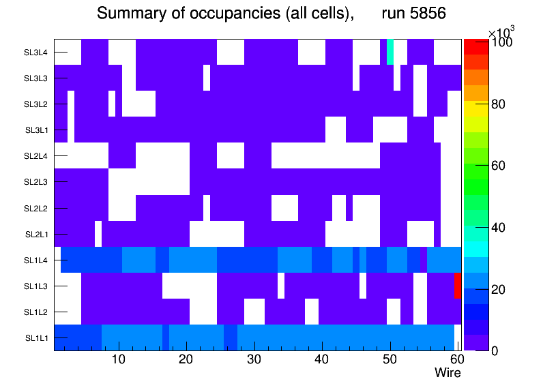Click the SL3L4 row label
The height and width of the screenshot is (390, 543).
click(x=35, y=52)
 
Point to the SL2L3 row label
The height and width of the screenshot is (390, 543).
click(x=35, y=182)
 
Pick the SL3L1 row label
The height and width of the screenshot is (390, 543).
click(x=35, y=130)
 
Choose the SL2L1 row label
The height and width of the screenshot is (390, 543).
click(x=35, y=235)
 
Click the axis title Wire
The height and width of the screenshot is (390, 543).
click(x=447, y=373)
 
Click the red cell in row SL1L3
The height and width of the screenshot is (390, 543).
click(x=458, y=286)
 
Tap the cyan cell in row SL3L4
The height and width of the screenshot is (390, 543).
click(x=390, y=52)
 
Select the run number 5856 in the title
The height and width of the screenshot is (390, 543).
click(x=416, y=14)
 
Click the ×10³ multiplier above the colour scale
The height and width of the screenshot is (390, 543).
click(x=501, y=32)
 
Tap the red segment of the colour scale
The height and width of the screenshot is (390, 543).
click(x=475, y=46)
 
